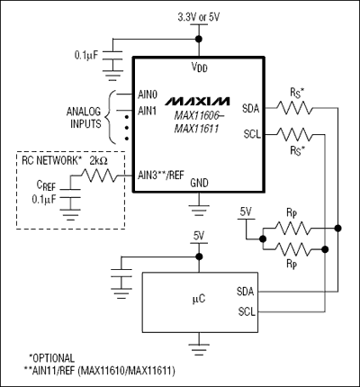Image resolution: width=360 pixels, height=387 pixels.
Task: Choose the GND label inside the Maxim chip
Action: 199,182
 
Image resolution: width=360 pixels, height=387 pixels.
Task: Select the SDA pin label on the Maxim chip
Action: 251,108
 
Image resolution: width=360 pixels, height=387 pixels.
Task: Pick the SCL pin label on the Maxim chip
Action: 252,133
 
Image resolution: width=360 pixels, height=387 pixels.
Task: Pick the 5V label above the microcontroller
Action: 200,237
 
